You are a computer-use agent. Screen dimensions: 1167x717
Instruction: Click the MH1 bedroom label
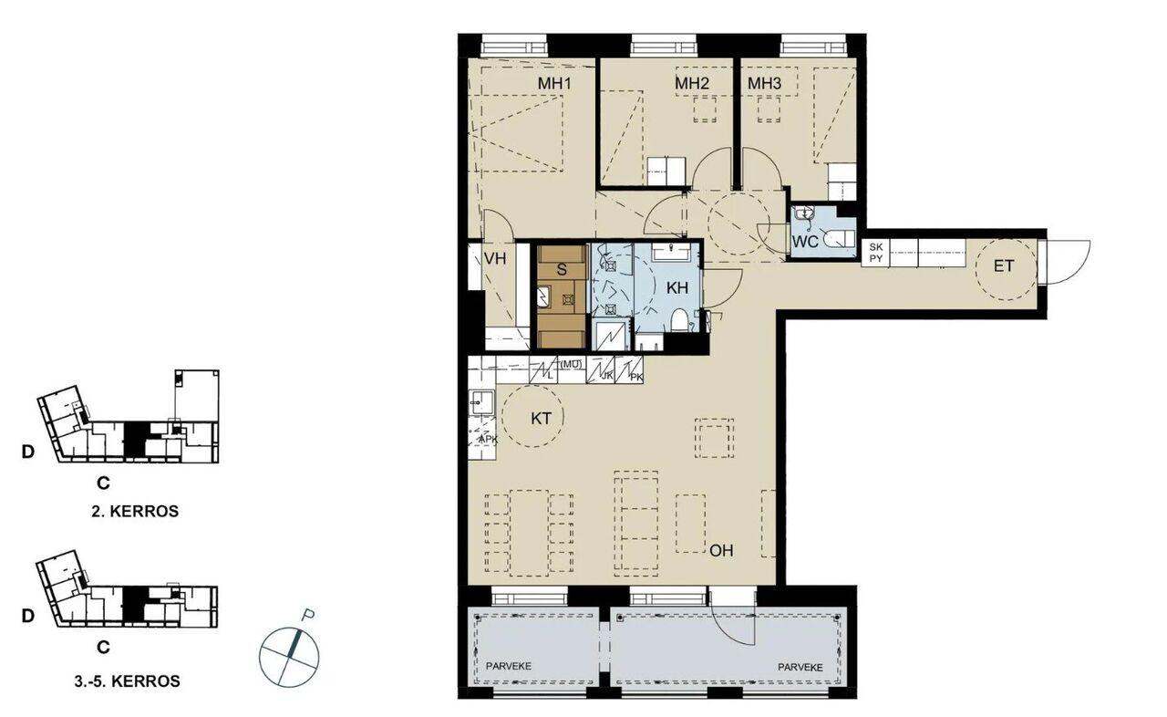tap(555, 83)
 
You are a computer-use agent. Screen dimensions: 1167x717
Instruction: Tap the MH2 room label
tap(692, 83)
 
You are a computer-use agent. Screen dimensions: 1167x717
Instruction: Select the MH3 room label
tap(764, 83)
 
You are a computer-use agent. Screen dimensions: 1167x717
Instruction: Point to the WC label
tap(805, 241)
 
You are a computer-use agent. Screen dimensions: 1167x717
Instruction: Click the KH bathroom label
tap(677, 287)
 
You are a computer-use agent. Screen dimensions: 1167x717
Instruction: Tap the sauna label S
tap(562, 269)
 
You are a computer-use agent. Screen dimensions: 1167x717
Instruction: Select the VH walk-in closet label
tap(495, 258)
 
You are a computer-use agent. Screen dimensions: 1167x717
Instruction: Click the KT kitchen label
tap(541, 418)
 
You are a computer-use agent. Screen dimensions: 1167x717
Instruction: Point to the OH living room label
tap(721, 550)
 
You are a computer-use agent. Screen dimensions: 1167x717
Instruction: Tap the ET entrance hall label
tap(1004, 266)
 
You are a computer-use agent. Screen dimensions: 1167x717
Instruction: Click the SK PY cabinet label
tap(876, 253)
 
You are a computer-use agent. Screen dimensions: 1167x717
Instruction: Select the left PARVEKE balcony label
tap(509, 666)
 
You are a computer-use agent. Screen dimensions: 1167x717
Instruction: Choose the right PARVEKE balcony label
tap(800, 667)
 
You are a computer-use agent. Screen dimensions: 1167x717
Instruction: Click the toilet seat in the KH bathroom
tap(678, 320)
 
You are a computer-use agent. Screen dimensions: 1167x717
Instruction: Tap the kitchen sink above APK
tap(482, 403)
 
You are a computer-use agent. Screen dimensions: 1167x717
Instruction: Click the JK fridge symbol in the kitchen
tap(600, 370)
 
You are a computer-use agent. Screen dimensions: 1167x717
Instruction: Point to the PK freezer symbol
tap(629, 370)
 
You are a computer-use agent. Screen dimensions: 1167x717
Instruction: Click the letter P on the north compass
tap(308, 616)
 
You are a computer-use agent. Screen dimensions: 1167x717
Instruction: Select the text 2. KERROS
tap(135, 511)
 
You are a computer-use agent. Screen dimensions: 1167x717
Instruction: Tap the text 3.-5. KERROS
tap(127, 681)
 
